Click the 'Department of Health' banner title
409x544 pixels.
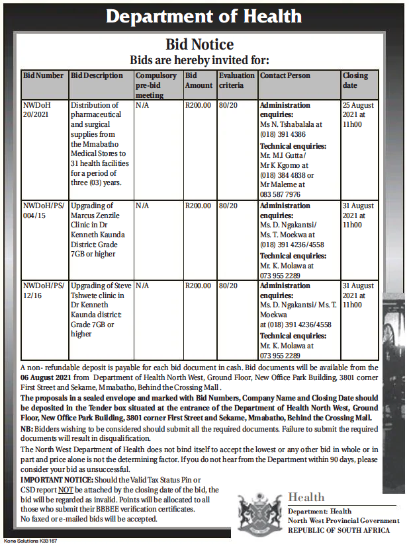204,17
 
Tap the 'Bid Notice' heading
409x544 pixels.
199,45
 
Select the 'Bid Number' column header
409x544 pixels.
44,75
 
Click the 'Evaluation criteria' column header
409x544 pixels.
236,80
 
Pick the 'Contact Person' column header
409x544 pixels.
285,75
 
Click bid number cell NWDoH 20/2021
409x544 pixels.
36,110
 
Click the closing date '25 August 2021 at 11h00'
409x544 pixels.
358,114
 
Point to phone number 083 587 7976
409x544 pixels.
280,195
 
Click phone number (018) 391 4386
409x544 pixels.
291,134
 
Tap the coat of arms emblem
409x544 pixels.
259,511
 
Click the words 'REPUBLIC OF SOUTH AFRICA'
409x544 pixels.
339,530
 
